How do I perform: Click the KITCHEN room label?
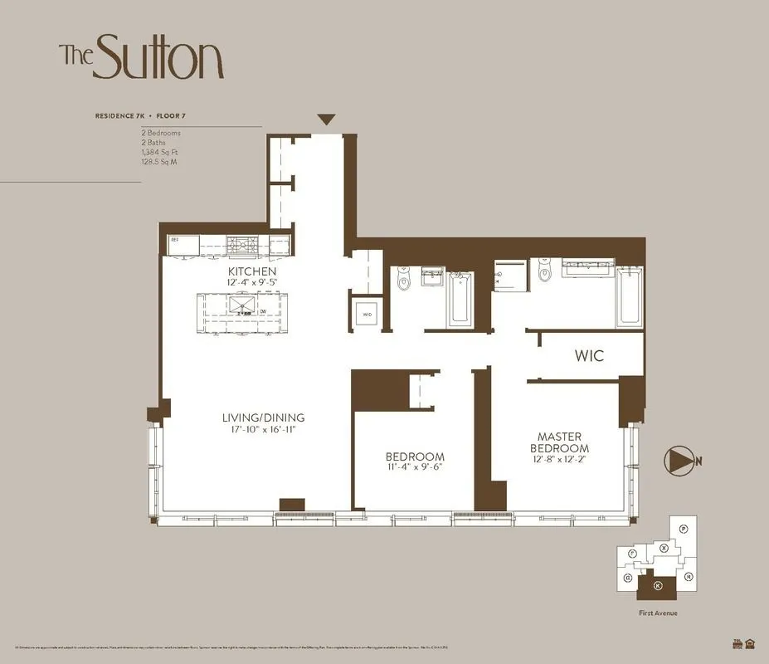click(x=252, y=271)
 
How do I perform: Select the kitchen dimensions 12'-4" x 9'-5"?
click(x=252, y=282)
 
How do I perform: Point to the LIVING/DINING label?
click(x=263, y=417)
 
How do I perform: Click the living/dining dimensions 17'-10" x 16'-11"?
click(x=263, y=429)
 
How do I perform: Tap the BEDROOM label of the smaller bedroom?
click(x=415, y=456)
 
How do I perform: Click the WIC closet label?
click(x=589, y=356)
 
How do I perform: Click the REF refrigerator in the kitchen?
click(x=183, y=245)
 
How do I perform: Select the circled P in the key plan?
click(x=683, y=529)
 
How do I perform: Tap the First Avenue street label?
click(x=658, y=613)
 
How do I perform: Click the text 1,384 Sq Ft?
click(x=160, y=152)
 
